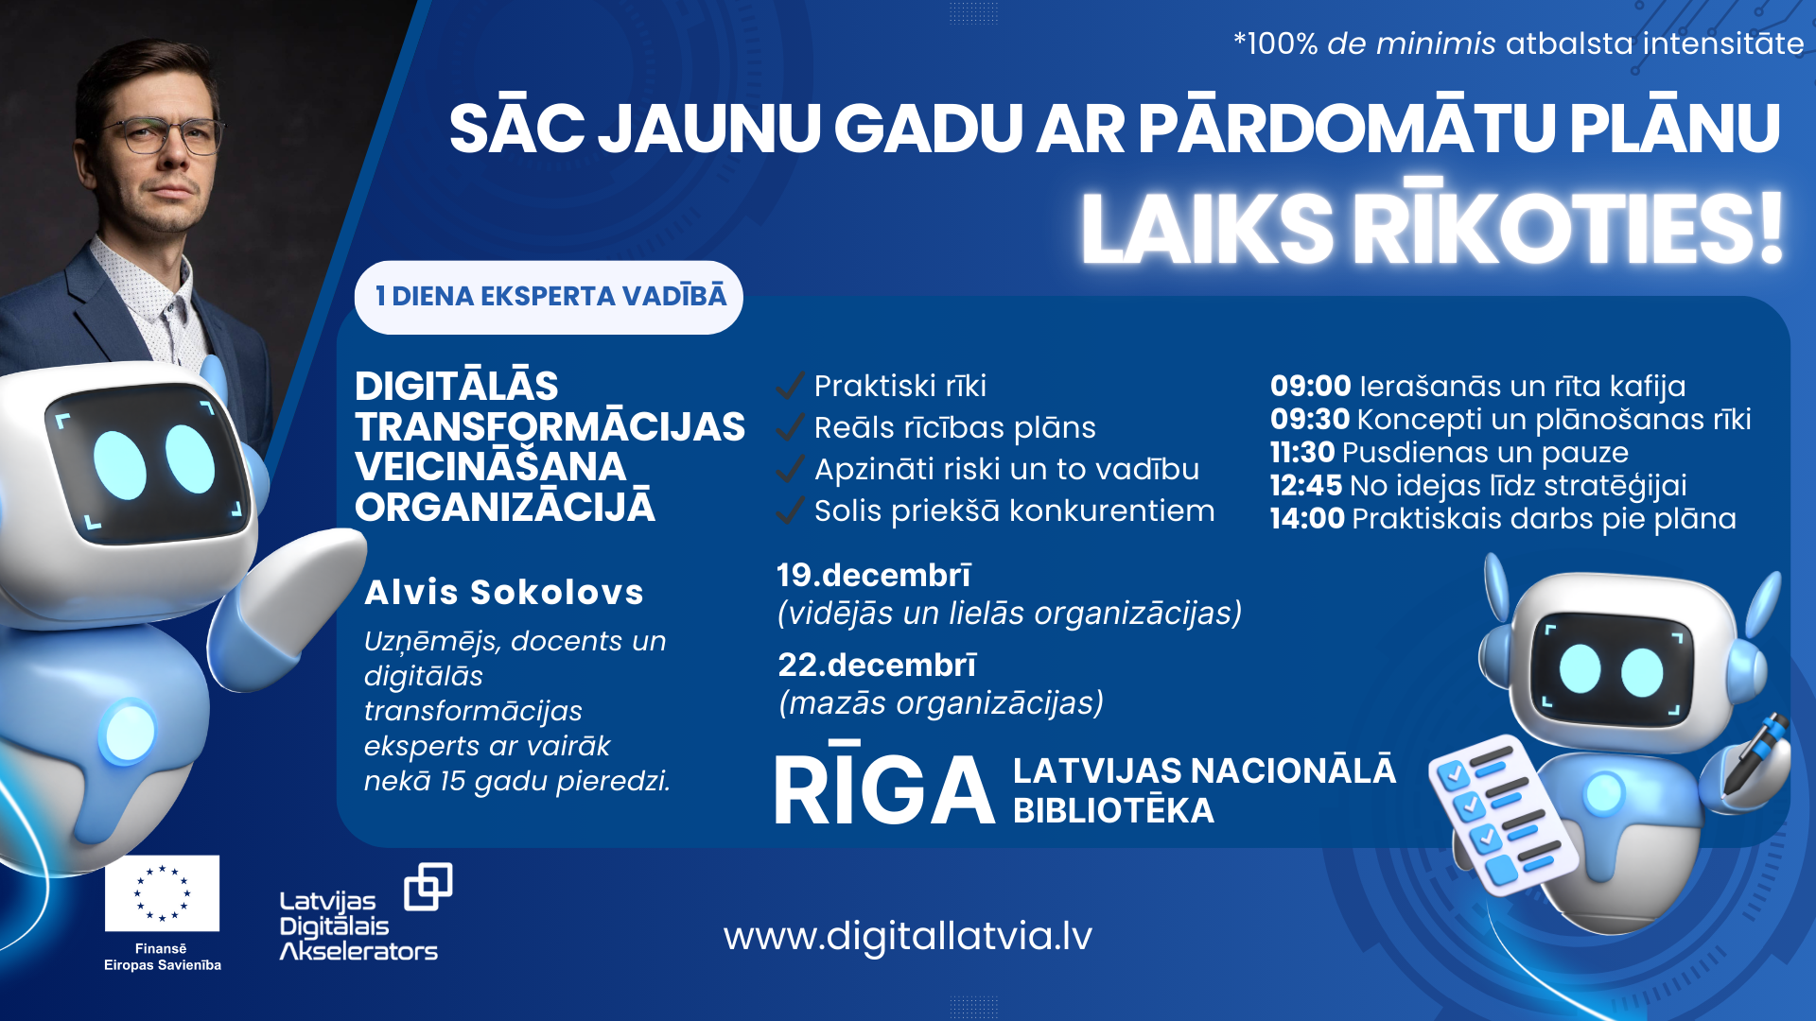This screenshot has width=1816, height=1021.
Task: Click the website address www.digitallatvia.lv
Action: (x=907, y=936)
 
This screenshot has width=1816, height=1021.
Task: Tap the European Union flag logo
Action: (x=162, y=893)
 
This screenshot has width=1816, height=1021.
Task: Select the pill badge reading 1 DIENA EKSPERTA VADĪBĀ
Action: (x=549, y=297)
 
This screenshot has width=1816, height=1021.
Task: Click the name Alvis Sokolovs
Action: (x=504, y=593)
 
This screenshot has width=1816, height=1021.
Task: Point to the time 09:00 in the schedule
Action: (x=1310, y=386)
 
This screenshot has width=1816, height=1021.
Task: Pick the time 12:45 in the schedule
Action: (x=1305, y=486)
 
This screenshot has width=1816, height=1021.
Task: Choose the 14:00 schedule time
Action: (x=1307, y=519)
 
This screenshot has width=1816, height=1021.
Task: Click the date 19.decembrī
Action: (x=873, y=575)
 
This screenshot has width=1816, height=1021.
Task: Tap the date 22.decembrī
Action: (x=876, y=665)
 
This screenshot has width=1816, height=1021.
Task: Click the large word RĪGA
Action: (x=884, y=789)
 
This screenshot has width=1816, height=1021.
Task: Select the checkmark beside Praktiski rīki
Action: (x=790, y=386)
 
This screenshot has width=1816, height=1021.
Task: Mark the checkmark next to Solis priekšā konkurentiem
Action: (x=790, y=510)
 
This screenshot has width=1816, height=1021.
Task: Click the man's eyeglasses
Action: (x=170, y=134)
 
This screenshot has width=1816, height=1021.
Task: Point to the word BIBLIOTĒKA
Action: (x=1113, y=811)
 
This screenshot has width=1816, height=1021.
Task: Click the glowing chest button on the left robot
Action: (x=129, y=733)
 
